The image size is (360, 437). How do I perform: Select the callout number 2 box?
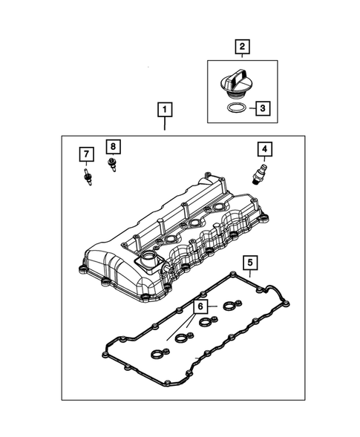tap(241, 48)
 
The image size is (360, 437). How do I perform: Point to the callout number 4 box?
tap(264, 150)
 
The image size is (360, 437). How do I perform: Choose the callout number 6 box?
tap(200, 306)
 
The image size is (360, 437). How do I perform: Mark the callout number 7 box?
tap(86, 154)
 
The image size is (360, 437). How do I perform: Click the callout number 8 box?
tap(113, 146)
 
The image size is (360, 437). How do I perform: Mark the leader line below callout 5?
tap(250, 273)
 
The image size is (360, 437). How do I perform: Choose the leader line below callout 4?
tap(264, 162)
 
